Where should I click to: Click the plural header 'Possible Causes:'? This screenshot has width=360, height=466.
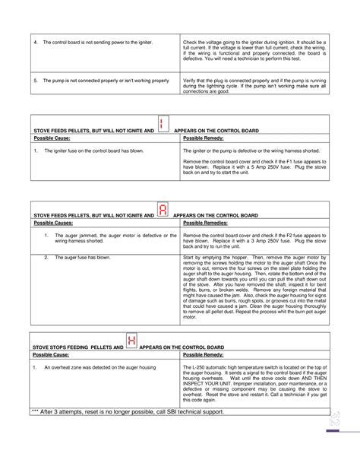point(52,227)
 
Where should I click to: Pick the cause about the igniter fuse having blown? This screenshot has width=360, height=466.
point(83,151)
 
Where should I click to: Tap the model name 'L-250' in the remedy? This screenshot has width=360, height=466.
point(200,367)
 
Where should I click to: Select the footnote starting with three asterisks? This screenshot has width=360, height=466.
point(128,411)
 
